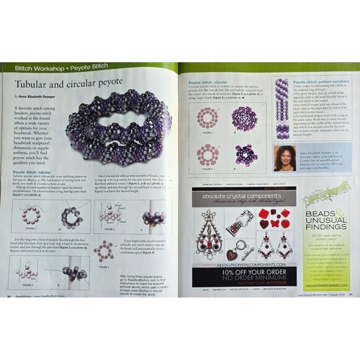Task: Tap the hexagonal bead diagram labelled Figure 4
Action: pyautogui.click(x=105, y=250)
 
